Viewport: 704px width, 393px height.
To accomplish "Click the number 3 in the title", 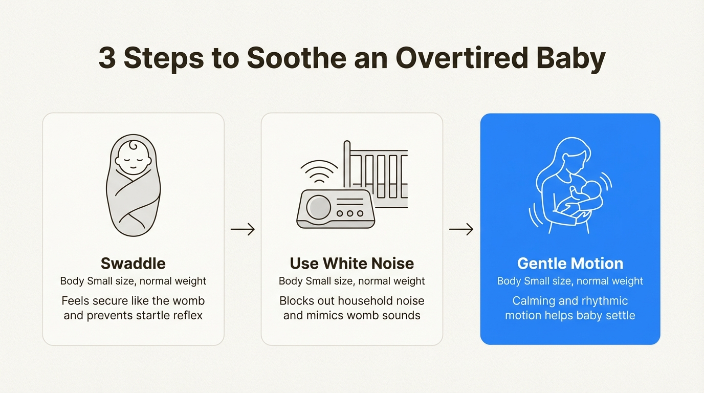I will (x=106, y=58).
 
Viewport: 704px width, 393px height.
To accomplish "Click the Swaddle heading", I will (x=133, y=264).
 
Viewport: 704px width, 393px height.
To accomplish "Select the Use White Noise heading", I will (x=352, y=264).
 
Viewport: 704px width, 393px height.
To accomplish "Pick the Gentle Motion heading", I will (x=570, y=264).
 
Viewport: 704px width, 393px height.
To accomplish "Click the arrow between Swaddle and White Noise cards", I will (x=243, y=230).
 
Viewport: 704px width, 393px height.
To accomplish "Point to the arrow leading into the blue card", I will (x=461, y=230).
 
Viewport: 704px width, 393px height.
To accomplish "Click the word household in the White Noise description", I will (x=366, y=300).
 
